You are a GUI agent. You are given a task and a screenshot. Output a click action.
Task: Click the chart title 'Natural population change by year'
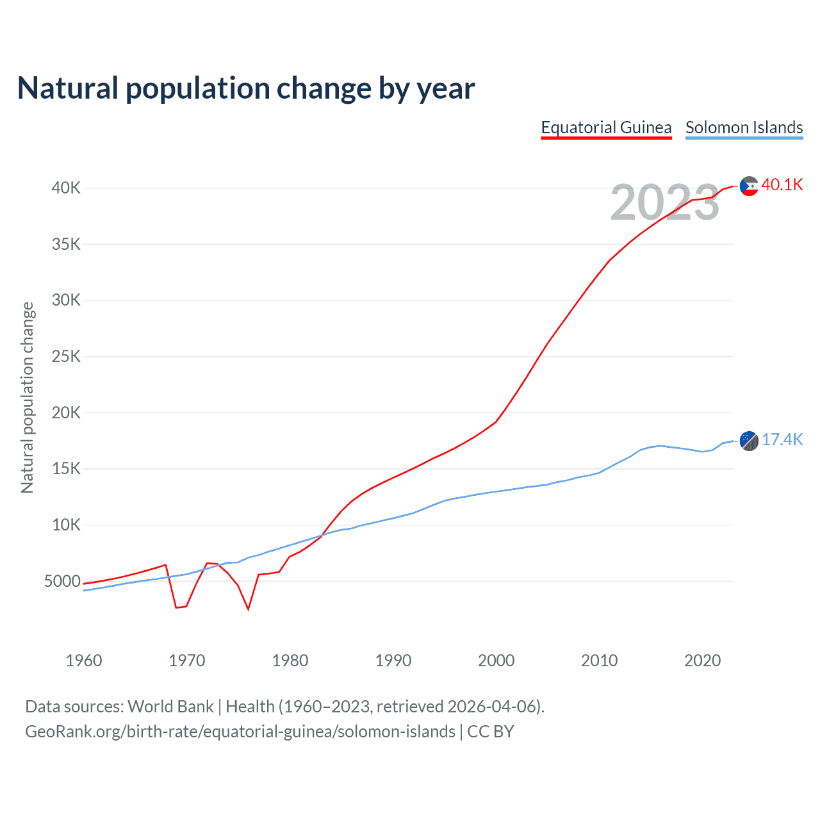246,88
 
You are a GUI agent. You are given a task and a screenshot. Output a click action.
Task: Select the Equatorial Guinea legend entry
606,127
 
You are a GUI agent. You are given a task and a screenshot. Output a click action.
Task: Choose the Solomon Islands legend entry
744,127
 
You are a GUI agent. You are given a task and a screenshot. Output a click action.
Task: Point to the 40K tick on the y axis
66,188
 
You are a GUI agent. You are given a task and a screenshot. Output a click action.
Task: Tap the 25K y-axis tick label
66,357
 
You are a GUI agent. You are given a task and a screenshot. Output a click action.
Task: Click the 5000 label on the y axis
62,582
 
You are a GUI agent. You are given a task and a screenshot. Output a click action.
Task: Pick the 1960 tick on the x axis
84,660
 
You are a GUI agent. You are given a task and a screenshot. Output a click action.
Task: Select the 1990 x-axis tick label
393,660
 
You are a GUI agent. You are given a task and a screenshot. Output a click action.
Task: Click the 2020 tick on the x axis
703,660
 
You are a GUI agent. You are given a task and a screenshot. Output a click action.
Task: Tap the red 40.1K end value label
782,185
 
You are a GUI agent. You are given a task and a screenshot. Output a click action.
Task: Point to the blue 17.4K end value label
782,439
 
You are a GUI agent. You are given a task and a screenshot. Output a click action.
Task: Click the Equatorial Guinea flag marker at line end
749,186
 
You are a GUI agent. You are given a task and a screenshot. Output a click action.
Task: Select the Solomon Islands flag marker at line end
749,441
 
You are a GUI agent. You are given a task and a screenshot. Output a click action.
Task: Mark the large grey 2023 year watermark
665,202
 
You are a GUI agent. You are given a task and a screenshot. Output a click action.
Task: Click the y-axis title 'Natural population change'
27,397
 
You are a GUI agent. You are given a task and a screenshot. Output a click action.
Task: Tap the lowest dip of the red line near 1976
248,609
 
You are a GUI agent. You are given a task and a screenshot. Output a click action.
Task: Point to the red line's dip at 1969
176,607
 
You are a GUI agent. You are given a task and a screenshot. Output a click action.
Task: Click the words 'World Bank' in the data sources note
170,707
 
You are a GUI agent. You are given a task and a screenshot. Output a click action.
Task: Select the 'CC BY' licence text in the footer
491,732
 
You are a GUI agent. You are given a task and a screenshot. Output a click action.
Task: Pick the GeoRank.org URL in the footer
240,732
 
